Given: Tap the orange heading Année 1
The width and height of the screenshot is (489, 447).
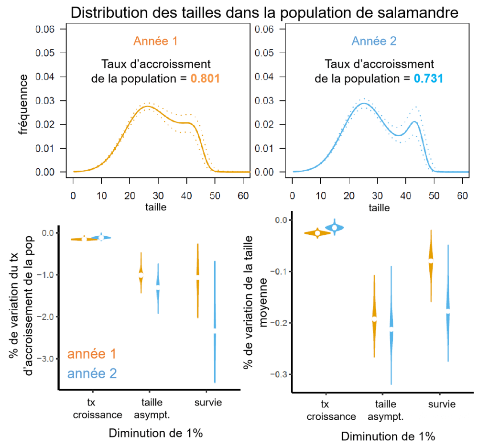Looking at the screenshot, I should pos(155,41).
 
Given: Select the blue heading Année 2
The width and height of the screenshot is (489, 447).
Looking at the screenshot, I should pos(374,41).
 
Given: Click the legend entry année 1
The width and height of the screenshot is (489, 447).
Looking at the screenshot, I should pos(91,354).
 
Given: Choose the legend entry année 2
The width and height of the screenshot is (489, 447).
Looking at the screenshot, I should pos(91,373).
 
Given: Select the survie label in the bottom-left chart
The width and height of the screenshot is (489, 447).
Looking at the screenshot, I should pos(208,403).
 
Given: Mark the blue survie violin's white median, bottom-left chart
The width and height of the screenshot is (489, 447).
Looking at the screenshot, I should pos(215,330).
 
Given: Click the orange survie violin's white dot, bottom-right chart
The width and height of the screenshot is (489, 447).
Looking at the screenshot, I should pos(431,261).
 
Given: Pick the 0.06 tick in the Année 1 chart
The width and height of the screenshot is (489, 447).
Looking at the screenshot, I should pos(46,30).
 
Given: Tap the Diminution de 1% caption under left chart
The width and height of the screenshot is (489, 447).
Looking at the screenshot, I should pos(156,434).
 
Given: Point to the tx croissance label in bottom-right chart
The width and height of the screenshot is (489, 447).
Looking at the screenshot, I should pos(331,410).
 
